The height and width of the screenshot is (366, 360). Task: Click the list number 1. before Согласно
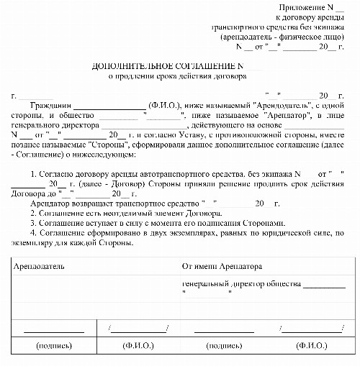(35, 174)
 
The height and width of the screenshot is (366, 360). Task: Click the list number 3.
(35, 224)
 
